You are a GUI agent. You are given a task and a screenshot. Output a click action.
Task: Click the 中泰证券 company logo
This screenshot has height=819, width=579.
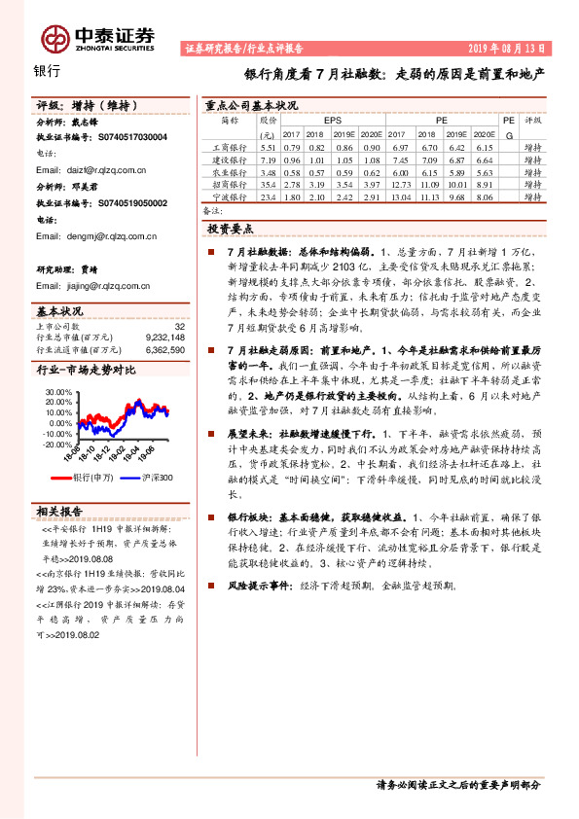pyautogui.click(x=97, y=38)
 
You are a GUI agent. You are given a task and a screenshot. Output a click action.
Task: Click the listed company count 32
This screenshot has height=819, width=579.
pyautogui.click(x=178, y=327)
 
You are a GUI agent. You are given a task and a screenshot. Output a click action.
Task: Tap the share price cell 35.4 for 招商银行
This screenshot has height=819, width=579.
pyautogui.click(x=269, y=184)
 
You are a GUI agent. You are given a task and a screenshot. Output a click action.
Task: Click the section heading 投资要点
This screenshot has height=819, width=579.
pyautogui.click(x=231, y=229)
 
